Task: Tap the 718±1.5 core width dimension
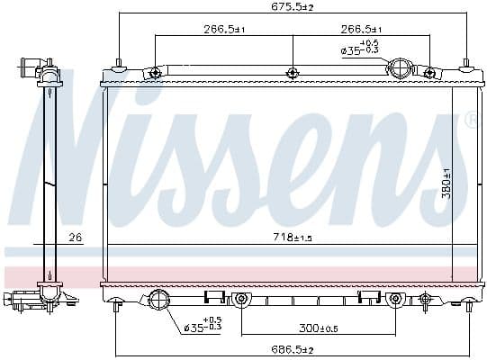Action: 292,237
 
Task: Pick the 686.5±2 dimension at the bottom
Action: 293,348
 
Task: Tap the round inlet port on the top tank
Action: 400,68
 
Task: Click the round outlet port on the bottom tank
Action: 158,301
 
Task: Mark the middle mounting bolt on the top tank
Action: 292,73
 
